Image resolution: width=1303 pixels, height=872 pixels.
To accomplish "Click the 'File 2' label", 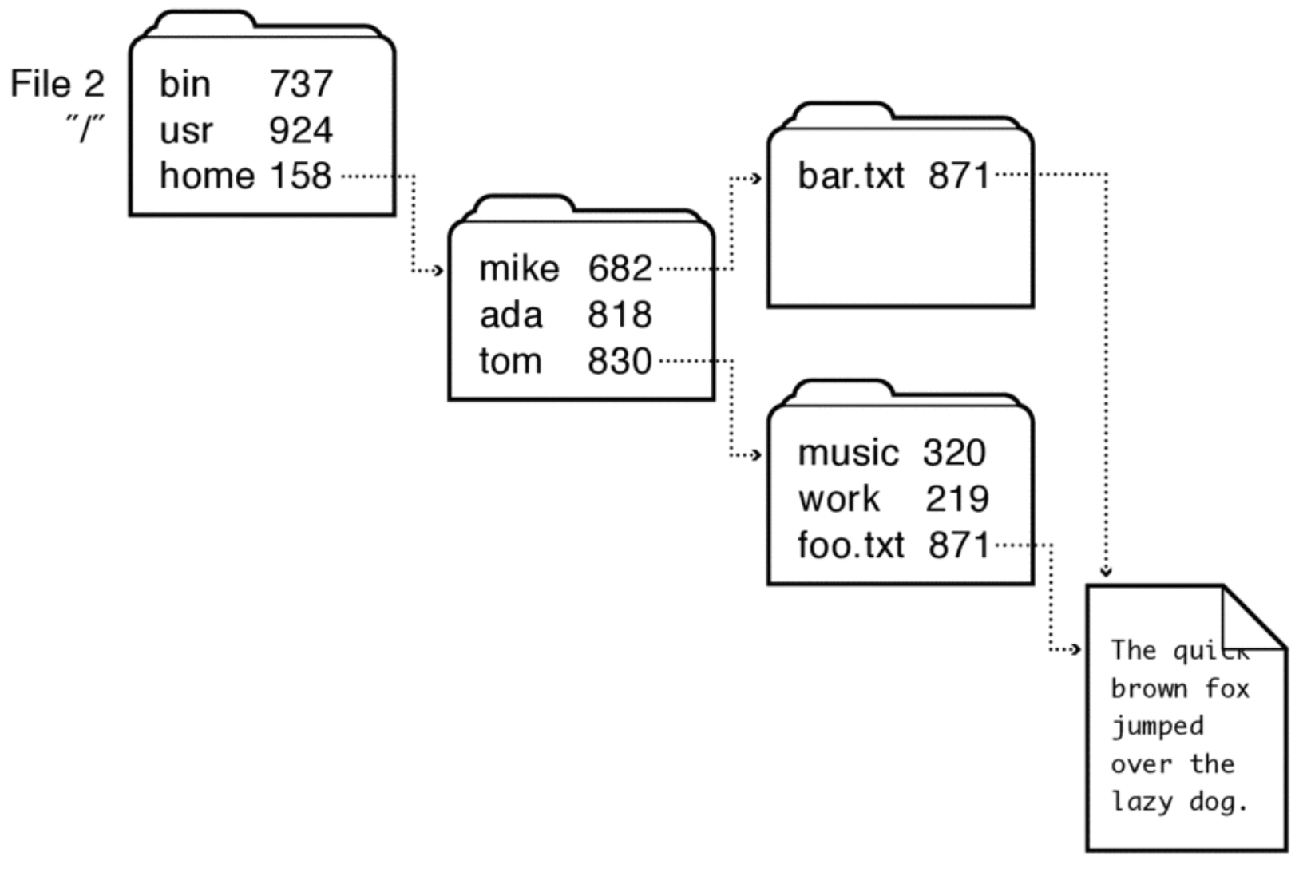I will pos(57,84).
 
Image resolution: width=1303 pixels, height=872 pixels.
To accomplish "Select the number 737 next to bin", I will pos(300,84).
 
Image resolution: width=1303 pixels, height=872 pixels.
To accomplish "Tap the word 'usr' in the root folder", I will pos(186,130).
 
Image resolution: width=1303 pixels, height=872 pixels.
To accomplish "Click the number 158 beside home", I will pos(300,176).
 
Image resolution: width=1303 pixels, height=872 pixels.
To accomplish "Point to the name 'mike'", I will pos(519,268).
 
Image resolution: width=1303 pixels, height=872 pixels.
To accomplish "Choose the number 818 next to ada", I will pos(620,315).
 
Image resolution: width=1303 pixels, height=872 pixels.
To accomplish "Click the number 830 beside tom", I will pos(620,361).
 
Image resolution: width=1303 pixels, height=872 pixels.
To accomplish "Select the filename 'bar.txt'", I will pos(850,176).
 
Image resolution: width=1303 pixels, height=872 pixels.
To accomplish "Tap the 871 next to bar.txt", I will pos(959,176).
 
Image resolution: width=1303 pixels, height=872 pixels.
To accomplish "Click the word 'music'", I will pos(848,454).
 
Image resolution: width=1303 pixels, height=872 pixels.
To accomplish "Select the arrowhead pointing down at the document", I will pos(1106,572).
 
